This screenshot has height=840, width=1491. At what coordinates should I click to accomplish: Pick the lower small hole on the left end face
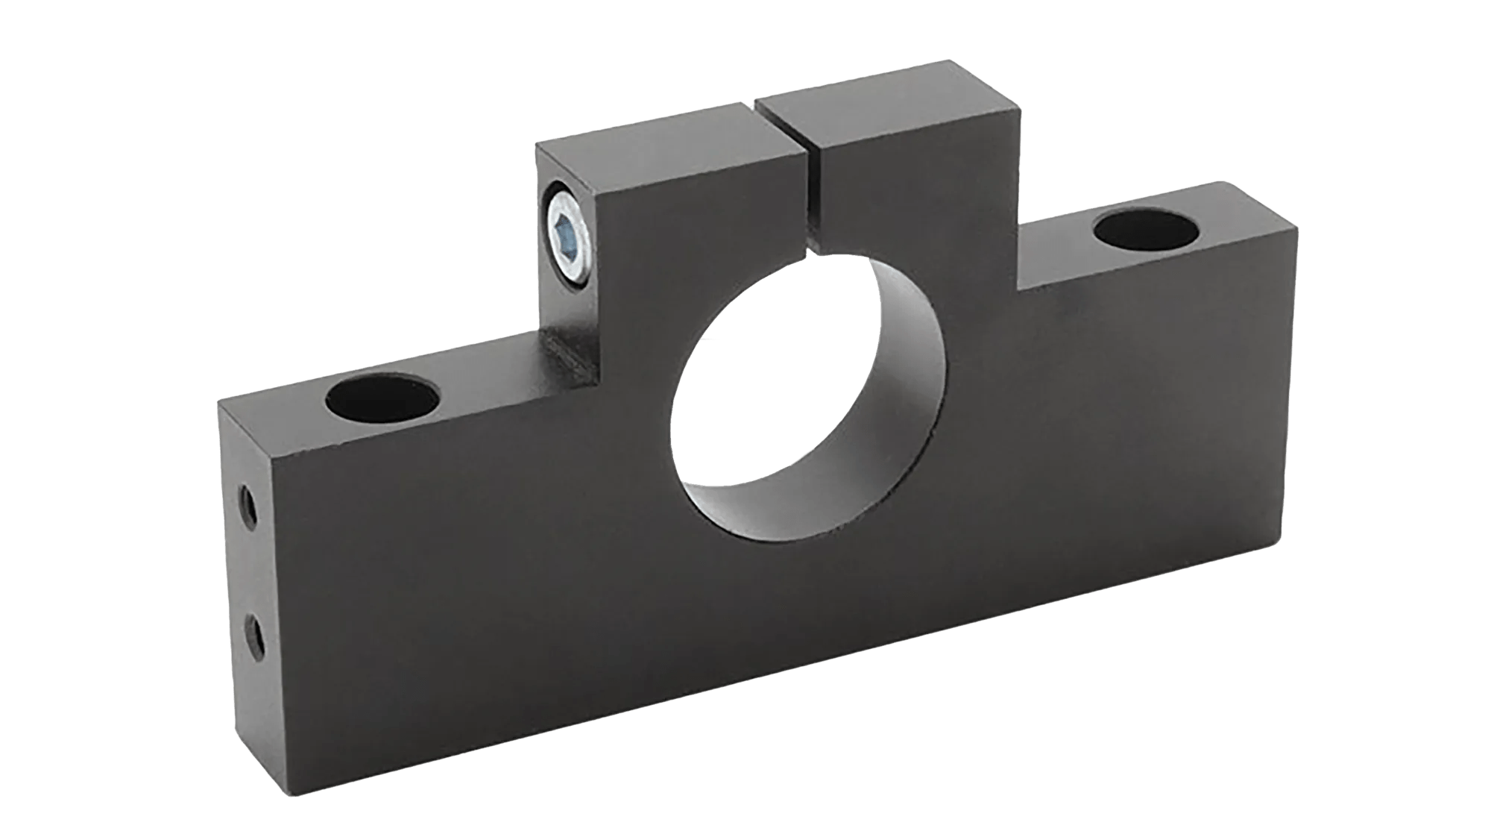(254, 634)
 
